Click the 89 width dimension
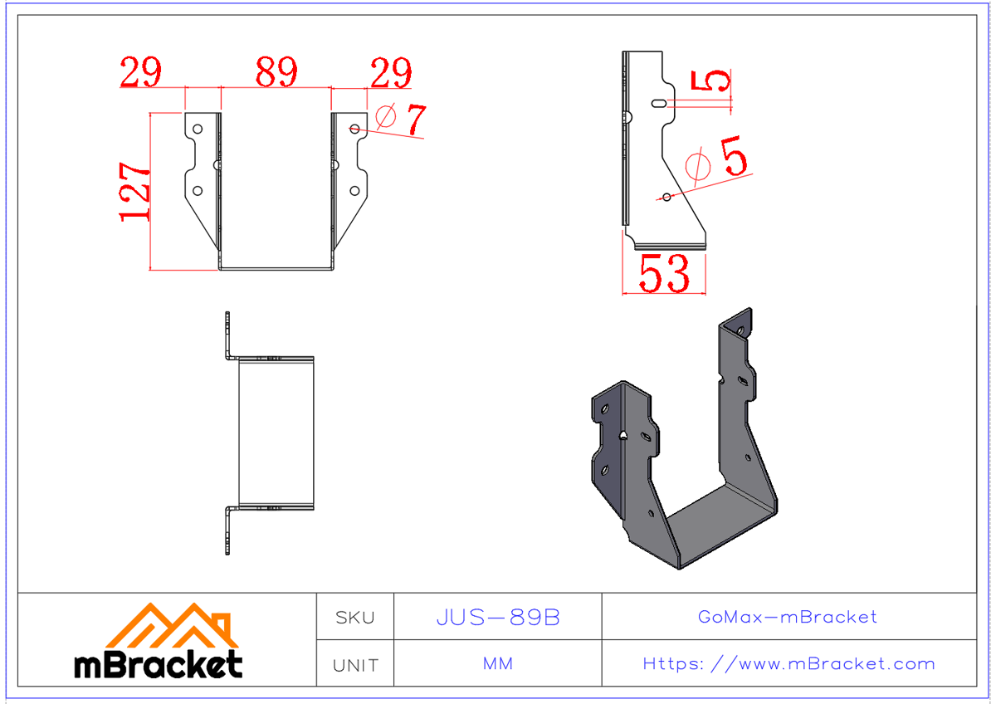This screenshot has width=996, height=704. click(276, 72)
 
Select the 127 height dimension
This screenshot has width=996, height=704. click(135, 191)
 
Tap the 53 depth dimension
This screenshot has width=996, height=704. click(664, 274)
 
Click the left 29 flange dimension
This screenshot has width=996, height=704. click(140, 72)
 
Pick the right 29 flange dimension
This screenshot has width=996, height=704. click(391, 73)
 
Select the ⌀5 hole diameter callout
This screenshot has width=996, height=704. click(719, 159)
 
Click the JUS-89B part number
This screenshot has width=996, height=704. click(498, 618)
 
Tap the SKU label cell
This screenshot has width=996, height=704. click(355, 618)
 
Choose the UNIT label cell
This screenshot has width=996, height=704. click(355, 665)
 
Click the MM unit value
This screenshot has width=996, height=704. click(498, 664)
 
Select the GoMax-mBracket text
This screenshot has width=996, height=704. click(788, 617)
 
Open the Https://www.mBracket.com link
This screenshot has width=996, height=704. click(788, 664)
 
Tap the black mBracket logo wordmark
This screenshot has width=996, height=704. click(159, 665)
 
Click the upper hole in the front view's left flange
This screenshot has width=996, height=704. click(198, 130)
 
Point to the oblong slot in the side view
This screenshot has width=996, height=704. click(658, 104)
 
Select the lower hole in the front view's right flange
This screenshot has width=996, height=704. click(354, 191)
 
